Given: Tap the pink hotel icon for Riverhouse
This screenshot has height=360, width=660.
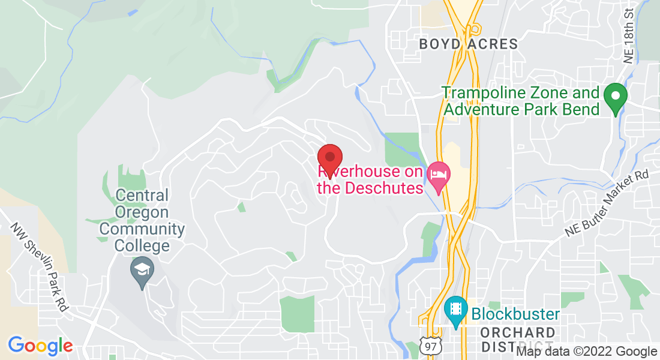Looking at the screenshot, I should [439, 175].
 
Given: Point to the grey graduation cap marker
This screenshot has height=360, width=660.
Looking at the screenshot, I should [142, 269].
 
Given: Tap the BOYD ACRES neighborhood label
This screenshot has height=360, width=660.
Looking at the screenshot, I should [468, 44].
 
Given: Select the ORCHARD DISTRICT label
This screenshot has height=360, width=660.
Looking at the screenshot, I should [518, 340].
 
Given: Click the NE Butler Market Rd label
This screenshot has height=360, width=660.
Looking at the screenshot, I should [608, 203].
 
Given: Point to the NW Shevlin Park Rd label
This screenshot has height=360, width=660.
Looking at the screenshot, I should [41, 267].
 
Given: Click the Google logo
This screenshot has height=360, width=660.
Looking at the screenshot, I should [40, 346].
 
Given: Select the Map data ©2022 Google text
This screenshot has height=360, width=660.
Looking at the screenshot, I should [587, 352].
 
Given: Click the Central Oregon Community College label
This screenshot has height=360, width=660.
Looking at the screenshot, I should [142, 220].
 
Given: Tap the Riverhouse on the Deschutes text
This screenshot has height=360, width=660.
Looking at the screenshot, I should [370, 179].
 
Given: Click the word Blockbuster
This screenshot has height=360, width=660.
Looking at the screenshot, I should [515, 314].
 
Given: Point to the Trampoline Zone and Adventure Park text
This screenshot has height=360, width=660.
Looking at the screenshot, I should [521, 101].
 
